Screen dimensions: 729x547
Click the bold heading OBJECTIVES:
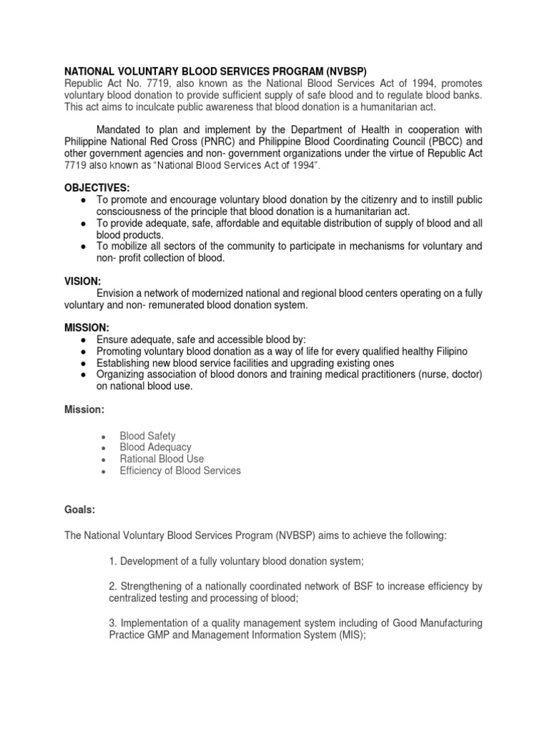tap(98, 187)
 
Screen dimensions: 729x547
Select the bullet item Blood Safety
tap(147, 436)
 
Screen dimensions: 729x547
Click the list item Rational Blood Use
tap(162, 458)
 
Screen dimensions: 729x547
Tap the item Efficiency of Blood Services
tap(180, 470)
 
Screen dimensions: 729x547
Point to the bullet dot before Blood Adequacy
tap(104, 448)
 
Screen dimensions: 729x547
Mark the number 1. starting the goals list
tap(113, 561)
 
